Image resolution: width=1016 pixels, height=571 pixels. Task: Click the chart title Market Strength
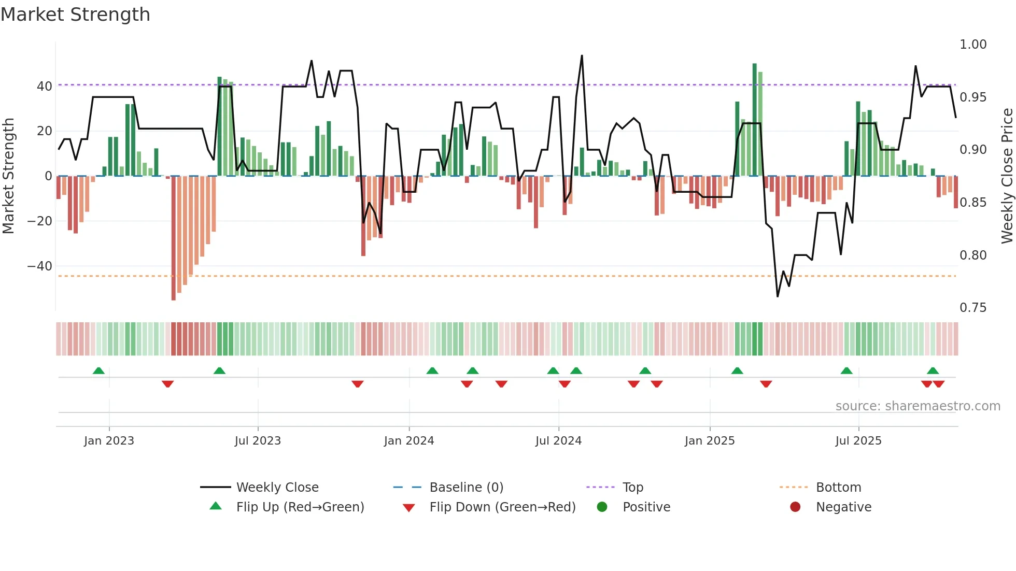(x=75, y=15)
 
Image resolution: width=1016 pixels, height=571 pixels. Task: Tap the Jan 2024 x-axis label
(x=408, y=441)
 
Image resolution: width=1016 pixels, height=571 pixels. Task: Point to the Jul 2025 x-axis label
(x=858, y=441)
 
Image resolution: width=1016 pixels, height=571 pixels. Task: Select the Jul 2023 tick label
(x=258, y=441)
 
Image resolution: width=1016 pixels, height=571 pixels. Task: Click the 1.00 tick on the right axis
(x=972, y=45)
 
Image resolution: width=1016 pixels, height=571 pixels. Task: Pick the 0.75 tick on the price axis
(x=972, y=308)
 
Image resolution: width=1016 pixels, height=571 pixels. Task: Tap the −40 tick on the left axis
(x=40, y=266)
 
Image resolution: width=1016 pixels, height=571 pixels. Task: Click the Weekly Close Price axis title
(x=1007, y=176)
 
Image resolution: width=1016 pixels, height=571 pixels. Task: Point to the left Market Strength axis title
(x=8, y=176)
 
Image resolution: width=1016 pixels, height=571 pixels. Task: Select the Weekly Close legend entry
(x=277, y=488)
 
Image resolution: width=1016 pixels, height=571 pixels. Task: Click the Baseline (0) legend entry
(x=466, y=488)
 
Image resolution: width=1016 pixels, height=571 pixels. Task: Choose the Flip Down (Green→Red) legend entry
(x=502, y=507)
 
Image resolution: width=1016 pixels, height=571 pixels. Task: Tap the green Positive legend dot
(x=602, y=507)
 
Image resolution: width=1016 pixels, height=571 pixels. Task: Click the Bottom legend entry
(x=838, y=488)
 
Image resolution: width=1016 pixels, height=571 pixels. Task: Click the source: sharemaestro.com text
(x=918, y=406)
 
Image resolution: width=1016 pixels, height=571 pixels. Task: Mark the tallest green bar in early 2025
(x=754, y=119)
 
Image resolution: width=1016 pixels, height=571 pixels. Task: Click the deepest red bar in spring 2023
(x=174, y=238)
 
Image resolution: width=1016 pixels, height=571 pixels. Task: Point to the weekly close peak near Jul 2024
(x=582, y=56)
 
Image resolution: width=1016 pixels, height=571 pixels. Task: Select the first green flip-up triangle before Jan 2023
(x=98, y=370)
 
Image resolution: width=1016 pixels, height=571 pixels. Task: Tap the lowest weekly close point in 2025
(x=778, y=296)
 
